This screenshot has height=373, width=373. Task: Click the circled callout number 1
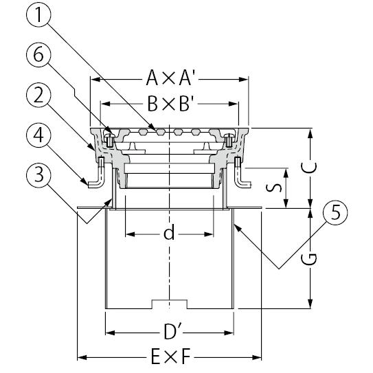(38, 14)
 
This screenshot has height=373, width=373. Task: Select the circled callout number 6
(38, 55)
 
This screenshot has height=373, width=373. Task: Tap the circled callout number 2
(38, 95)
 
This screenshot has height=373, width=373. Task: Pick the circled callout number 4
(38, 135)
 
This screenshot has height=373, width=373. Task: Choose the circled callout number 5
(335, 212)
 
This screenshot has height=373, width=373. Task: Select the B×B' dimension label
(170, 104)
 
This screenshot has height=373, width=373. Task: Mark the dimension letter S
(273, 188)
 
